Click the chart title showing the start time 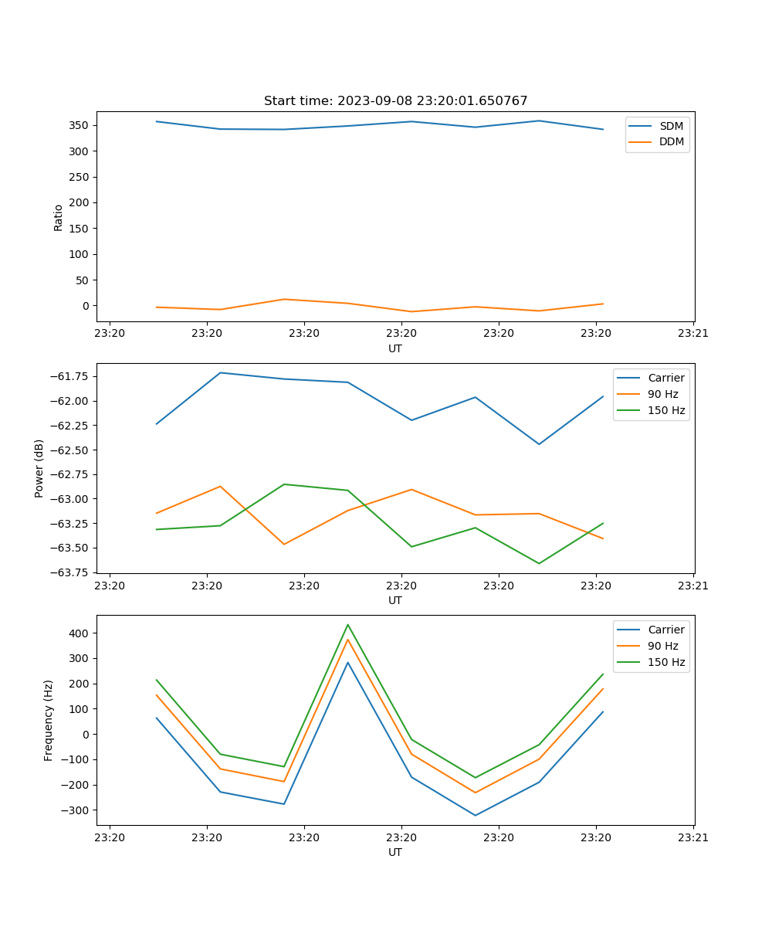[395, 101]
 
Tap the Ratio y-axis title [58, 217]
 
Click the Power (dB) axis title [39, 468]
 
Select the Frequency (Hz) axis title [49, 720]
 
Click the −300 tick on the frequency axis [76, 810]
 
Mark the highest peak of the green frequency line [347, 624]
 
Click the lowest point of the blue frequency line [475, 815]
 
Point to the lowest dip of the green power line [539, 563]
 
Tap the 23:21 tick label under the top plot [692, 334]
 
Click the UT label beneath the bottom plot [395, 852]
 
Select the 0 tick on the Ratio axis [86, 306]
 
